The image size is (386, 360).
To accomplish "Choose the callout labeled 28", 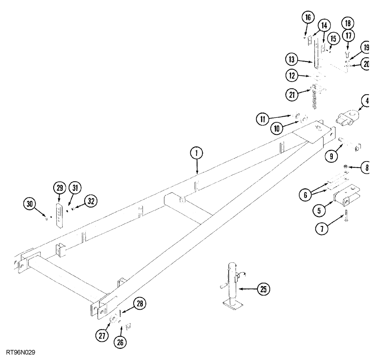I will tap(140, 304).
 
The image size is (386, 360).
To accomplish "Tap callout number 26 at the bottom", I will tap(120, 341).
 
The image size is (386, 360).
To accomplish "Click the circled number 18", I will tap(347, 22).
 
